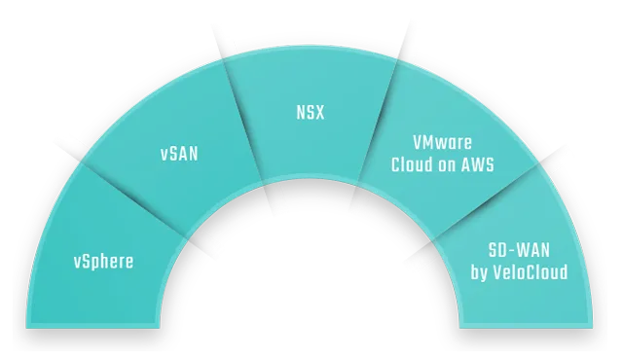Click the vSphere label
point(103,261)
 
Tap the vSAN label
point(179,153)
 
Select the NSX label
point(310,112)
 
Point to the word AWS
point(476,165)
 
